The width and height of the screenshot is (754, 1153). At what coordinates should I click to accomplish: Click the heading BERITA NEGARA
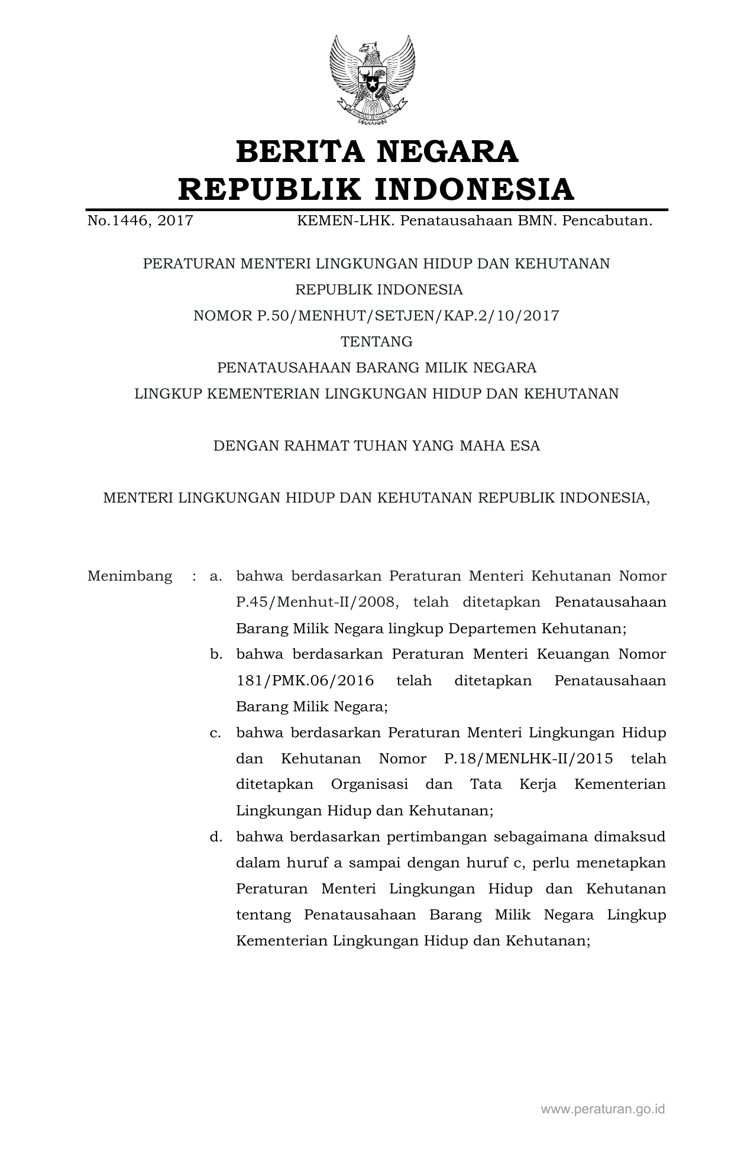coord(377,151)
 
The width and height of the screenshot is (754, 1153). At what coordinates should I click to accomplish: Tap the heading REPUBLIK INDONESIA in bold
coord(376,189)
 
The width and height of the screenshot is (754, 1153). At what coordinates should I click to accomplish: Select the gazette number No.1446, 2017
coord(140,221)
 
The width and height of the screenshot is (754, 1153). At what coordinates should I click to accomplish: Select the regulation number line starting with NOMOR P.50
coord(376,316)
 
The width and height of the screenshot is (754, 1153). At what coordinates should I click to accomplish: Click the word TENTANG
coord(377,342)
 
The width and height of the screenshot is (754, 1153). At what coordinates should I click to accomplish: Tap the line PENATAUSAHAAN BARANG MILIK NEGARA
coord(377,368)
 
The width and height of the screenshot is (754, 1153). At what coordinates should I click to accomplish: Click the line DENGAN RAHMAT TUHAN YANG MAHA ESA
coord(377,446)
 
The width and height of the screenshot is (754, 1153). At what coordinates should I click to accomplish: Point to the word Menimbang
coord(130,576)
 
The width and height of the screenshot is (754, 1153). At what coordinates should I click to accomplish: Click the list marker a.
coord(215,576)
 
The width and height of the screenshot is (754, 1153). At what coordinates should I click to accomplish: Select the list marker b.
coord(215,655)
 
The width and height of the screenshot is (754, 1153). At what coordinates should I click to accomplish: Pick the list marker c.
coord(215,733)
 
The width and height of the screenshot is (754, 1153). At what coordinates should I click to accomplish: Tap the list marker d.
coord(215,837)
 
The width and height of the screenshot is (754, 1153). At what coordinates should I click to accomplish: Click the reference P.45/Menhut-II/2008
coord(313,603)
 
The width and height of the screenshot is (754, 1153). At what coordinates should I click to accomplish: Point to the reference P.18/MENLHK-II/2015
coord(528,759)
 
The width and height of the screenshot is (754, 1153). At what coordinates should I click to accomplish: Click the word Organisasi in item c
coord(370,785)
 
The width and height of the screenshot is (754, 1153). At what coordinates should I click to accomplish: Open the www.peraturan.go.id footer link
coord(603,1109)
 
